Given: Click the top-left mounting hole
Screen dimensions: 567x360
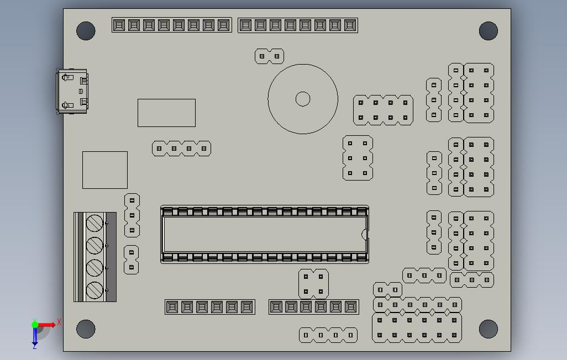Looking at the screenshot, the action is pyautogui.click(x=86, y=31).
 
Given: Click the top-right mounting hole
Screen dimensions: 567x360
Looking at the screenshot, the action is pyautogui.click(x=488, y=31).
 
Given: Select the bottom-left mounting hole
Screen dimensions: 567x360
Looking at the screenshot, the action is pyautogui.click(x=86, y=329).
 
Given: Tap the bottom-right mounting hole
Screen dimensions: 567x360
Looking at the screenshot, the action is pyautogui.click(x=488, y=329).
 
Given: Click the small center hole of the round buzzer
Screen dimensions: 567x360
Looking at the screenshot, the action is pyautogui.click(x=303, y=99).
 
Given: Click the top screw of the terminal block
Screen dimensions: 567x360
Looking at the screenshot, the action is pyautogui.click(x=95, y=223).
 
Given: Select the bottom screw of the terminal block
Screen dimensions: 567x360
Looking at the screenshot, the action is pyautogui.click(x=95, y=290).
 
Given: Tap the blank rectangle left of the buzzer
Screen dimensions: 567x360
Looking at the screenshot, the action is pyautogui.click(x=166, y=113).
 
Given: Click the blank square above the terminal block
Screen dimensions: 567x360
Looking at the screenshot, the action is pyautogui.click(x=105, y=170).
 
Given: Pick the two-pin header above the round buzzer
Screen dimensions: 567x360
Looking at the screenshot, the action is pyautogui.click(x=269, y=56).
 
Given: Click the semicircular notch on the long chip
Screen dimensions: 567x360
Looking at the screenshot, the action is pyautogui.click(x=364, y=234).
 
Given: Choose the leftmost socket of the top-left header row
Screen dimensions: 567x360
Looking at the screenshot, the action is pyautogui.click(x=119, y=25).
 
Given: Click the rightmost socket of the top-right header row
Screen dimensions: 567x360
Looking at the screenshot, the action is pyautogui.click(x=350, y=25).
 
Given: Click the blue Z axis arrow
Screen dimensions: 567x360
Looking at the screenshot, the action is pyautogui.click(x=35, y=338).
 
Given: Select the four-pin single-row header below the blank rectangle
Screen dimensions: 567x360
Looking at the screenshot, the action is pyautogui.click(x=181, y=148).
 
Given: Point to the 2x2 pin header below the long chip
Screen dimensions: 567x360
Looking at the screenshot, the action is pyautogui.click(x=313, y=284).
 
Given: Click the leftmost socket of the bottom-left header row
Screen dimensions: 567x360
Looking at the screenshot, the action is pyautogui.click(x=172, y=307).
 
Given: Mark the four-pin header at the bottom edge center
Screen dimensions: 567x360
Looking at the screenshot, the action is pyautogui.click(x=328, y=335).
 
